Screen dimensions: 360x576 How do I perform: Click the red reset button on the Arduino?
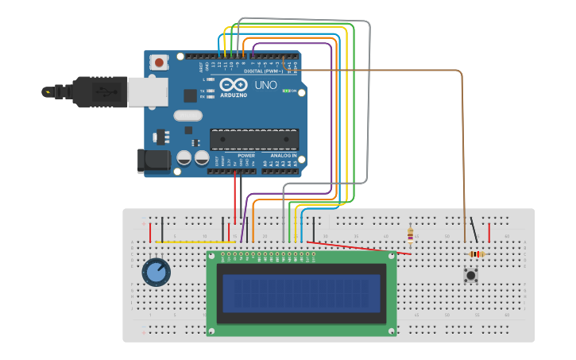pyautogui.click(x=160, y=62)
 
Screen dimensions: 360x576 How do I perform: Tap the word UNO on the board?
pyautogui.click(x=265, y=84)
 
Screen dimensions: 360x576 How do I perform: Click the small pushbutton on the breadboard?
pyautogui.click(x=471, y=276)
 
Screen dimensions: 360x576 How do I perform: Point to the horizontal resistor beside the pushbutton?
pyautogui.click(x=477, y=254)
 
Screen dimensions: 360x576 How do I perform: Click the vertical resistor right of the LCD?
pyautogui.click(x=410, y=234)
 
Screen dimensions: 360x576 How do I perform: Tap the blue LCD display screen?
pyautogui.click(x=301, y=293)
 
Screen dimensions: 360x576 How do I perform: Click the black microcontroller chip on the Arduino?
pyautogui.click(x=254, y=139)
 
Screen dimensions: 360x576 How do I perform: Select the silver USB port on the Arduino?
pyautogui.click(x=148, y=91)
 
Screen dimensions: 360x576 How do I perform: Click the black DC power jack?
pyautogui.click(x=153, y=161)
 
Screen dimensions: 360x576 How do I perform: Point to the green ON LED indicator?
pyautogui.click(x=287, y=91)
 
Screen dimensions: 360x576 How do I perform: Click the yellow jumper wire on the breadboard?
pyautogui.click(x=199, y=242)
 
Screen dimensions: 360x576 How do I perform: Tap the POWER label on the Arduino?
pyautogui.click(x=245, y=156)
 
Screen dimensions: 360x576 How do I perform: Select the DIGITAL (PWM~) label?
pyautogui.click(x=263, y=72)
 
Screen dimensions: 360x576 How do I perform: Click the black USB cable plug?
pyautogui.click(x=99, y=91)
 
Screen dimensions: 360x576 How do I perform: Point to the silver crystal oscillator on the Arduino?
pyautogui.click(x=187, y=115)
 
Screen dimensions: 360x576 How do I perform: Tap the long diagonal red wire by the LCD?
pyautogui.click(x=358, y=248)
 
